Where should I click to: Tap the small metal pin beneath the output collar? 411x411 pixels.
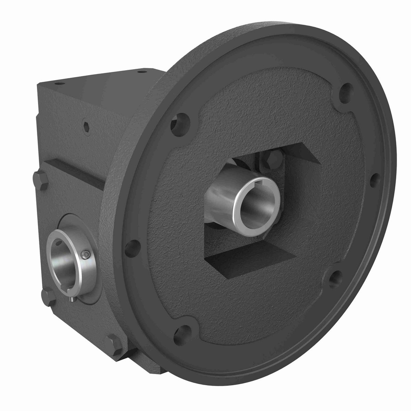click(72, 299)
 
